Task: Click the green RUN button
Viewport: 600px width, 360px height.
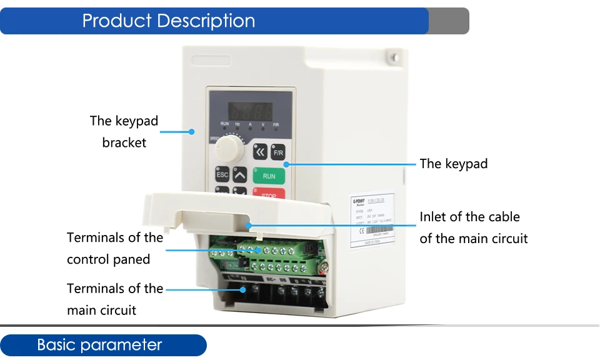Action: click(x=269, y=176)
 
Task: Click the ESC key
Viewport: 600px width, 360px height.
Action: click(x=222, y=175)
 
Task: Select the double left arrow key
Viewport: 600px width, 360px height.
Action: click(x=260, y=152)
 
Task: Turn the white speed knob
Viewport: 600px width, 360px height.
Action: click(x=229, y=149)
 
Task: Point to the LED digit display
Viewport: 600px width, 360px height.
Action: click(x=250, y=112)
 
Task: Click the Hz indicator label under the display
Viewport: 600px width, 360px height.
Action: click(x=237, y=124)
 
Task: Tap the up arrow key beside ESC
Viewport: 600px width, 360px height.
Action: click(x=241, y=175)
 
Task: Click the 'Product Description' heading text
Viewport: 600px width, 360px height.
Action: click(x=169, y=21)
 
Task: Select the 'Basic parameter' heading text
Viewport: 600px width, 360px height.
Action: click(x=99, y=345)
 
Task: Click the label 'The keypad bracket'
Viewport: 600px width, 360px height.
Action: click(x=124, y=131)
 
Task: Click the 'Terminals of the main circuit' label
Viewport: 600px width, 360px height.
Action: click(x=115, y=299)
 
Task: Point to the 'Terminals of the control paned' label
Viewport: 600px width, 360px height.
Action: click(x=115, y=248)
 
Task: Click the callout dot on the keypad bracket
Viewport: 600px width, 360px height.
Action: click(x=192, y=131)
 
